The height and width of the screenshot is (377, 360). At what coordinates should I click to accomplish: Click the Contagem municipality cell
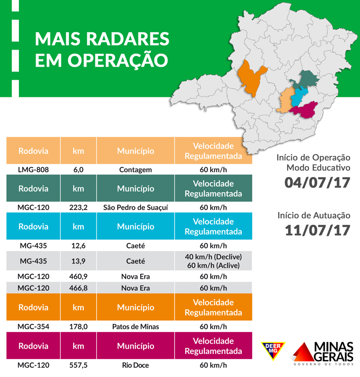pos(135,170)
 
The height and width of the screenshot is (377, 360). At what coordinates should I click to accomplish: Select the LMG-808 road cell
pos(33,170)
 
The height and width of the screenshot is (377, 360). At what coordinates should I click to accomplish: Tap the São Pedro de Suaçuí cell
pos(135,208)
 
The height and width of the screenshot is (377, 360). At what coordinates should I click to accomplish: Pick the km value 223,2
pos(78,208)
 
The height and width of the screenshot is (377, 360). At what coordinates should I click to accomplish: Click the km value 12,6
pos(78,245)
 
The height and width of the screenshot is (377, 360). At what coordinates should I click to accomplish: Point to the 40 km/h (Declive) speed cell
pos(213,257)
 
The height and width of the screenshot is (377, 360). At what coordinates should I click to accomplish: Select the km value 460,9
pos(78,277)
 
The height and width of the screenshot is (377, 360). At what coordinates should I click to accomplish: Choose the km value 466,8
pos(78,288)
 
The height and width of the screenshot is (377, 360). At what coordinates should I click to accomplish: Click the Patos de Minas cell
pos(135,327)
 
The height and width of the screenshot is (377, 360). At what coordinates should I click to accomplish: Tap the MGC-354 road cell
pos(33,327)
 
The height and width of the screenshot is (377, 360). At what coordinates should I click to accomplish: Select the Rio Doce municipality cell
pos(135,365)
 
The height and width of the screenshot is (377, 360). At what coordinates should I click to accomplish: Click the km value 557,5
pos(78,365)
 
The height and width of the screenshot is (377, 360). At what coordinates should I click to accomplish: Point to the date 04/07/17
pos(317,183)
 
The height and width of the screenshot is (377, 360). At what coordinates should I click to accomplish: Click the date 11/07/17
pos(317,230)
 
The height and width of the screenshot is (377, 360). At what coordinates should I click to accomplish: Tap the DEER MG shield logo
pos(273,352)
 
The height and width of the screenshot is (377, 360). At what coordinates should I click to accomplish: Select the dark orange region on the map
pos(251,77)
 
